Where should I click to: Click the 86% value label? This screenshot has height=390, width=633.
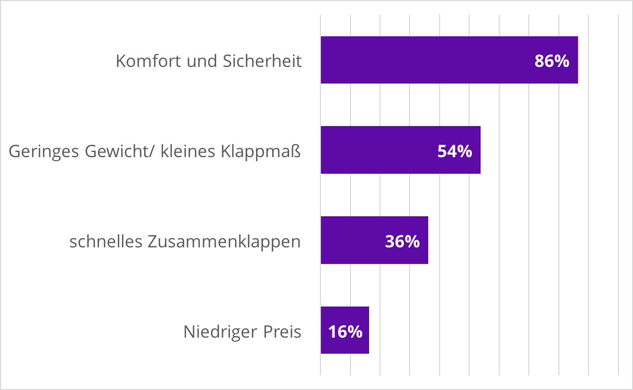(552, 61)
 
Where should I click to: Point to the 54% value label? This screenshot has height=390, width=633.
(455, 151)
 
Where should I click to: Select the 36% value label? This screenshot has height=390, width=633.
(402, 242)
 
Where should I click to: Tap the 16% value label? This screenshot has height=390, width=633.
(345, 332)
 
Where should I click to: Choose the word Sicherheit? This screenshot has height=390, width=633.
(262, 61)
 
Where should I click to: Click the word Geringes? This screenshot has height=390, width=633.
(39, 152)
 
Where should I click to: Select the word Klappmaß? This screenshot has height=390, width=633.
(261, 152)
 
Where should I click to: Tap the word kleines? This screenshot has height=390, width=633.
(189, 152)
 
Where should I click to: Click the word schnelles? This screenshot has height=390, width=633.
(106, 242)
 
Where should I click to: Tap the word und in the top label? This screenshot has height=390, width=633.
(202, 61)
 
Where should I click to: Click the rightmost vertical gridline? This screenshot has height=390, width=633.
(618, 207)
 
